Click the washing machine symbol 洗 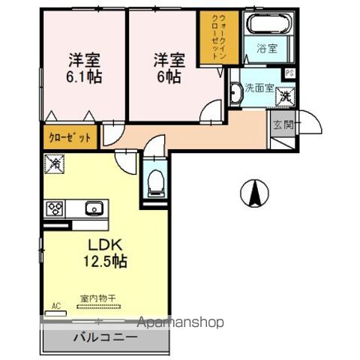click(x=286, y=96)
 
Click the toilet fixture click(x=154, y=181)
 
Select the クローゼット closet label click(x=70, y=138)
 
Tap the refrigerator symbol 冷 click(x=53, y=161)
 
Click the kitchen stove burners click(x=55, y=208)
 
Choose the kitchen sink click(x=93, y=208)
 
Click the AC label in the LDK click(x=55, y=306)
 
